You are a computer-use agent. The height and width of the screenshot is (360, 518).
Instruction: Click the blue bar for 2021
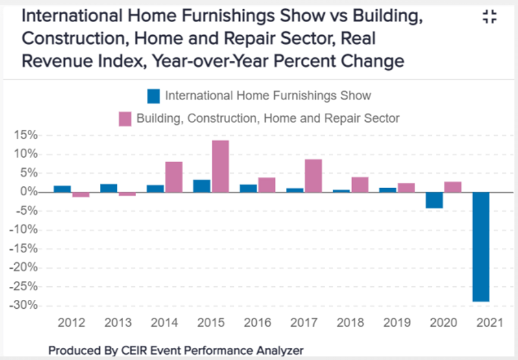(481, 246)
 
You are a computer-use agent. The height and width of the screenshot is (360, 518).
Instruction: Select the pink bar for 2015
(220, 166)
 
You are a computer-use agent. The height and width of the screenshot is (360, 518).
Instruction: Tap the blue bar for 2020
(434, 200)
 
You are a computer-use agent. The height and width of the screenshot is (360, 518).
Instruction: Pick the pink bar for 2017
(313, 176)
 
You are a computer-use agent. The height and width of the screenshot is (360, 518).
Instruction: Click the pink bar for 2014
(174, 177)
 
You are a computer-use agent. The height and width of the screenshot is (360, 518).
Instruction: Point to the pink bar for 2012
(81, 195)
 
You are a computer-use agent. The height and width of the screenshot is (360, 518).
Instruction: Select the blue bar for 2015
(202, 186)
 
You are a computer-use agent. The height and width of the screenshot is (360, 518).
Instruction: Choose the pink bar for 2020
(453, 187)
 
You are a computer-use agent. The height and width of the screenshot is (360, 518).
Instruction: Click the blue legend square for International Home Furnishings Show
(154, 96)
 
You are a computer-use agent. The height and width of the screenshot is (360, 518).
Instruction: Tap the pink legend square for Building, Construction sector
(125, 118)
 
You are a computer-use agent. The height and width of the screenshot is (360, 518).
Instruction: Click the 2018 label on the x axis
(350, 323)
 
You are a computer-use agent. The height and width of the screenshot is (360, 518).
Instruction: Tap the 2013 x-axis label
(118, 323)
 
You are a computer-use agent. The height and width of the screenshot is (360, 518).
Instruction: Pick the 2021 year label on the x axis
(489, 323)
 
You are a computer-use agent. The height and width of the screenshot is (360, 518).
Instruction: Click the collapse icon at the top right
(489, 17)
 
